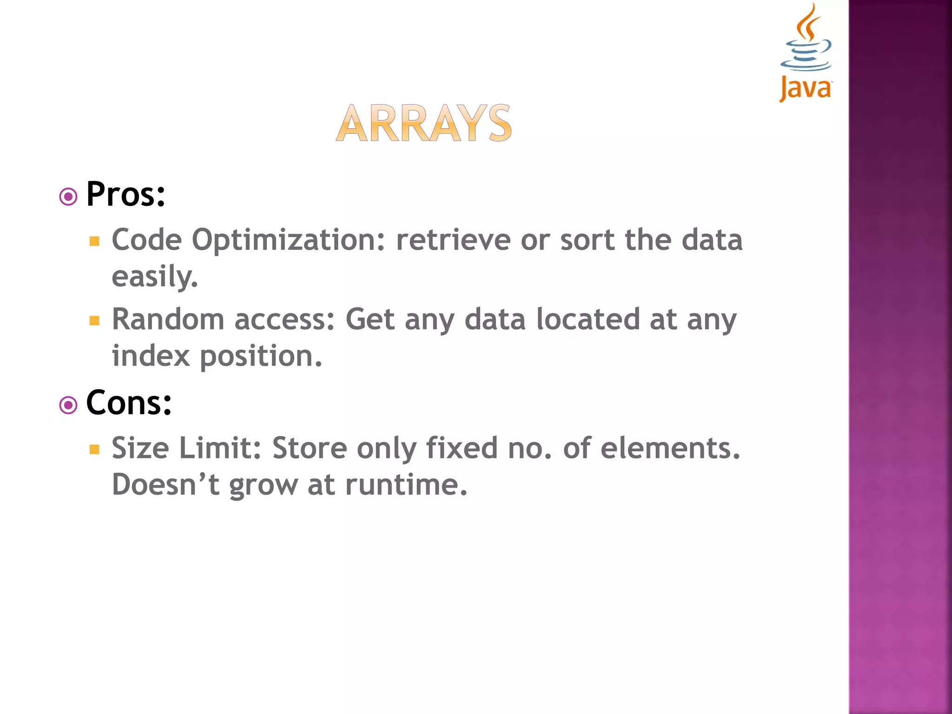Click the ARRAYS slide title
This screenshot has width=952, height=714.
(x=423, y=123)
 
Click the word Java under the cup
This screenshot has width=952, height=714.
(x=806, y=88)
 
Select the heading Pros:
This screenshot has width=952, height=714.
(x=126, y=194)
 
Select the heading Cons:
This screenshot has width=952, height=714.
(x=129, y=403)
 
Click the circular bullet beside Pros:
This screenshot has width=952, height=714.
(x=68, y=197)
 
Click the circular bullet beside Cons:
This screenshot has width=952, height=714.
(x=68, y=405)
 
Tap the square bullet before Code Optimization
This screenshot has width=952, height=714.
(x=95, y=241)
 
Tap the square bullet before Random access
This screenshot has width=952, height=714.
(x=95, y=320)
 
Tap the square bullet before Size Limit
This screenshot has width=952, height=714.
(x=95, y=449)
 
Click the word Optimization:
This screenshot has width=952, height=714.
(x=288, y=241)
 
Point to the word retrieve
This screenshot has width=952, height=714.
(x=453, y=240)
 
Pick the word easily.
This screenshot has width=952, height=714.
(x=155, y=277)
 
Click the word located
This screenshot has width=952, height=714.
(x=588, y=319)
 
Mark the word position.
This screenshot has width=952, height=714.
(x=261, y=357)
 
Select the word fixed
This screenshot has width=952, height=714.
(x=462, y=448)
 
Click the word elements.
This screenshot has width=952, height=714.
(x=670, y=448)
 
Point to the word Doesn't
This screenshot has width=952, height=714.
(x=165, y=485)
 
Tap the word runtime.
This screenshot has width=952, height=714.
(x=406, y=485)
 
